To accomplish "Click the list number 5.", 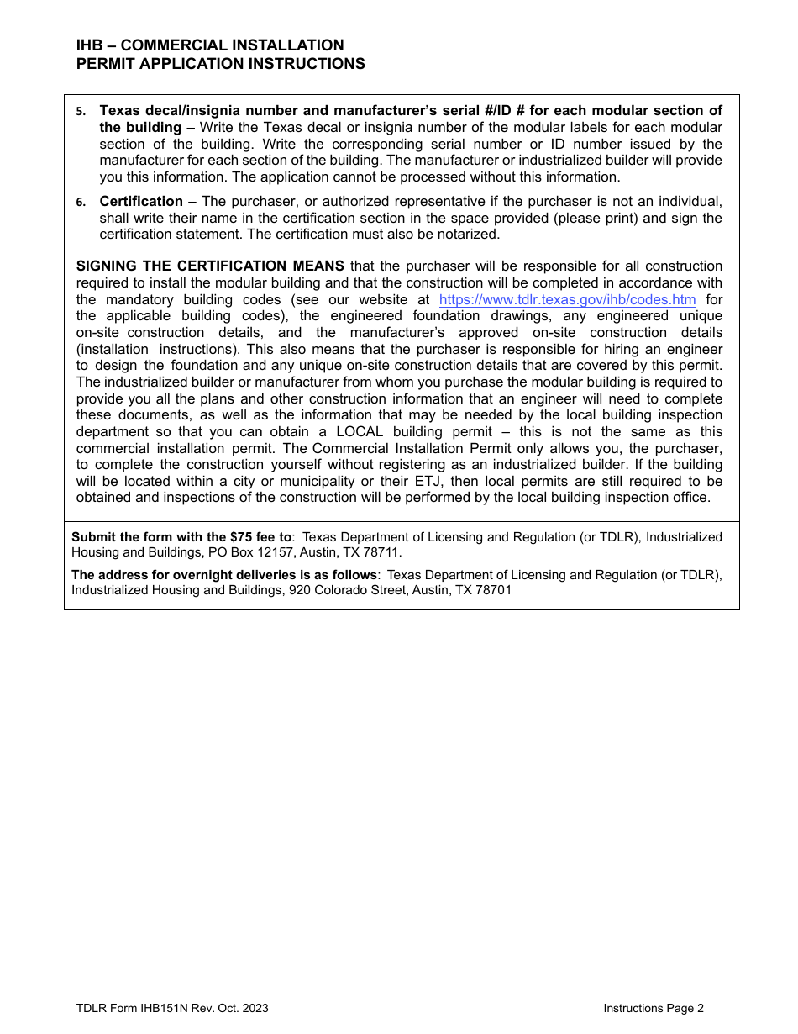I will coord(81,112).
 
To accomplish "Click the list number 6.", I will coord(81,203).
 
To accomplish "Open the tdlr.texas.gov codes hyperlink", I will coord(567,300).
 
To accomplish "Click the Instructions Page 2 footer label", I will coord(654,1009).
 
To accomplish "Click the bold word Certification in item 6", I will coord(141,202).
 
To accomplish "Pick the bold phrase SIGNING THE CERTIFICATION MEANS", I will coord(210,266).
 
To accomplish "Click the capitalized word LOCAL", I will coord(360,432).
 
